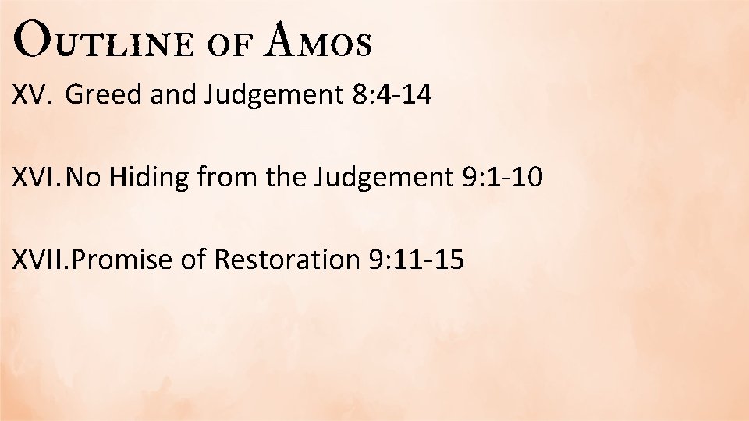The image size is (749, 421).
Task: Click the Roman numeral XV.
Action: tap(30, 95)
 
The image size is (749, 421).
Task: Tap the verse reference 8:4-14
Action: tap(387, 95)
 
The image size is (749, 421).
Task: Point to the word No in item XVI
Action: tap(84, 178)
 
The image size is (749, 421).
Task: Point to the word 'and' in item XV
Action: tap(172, 95)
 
